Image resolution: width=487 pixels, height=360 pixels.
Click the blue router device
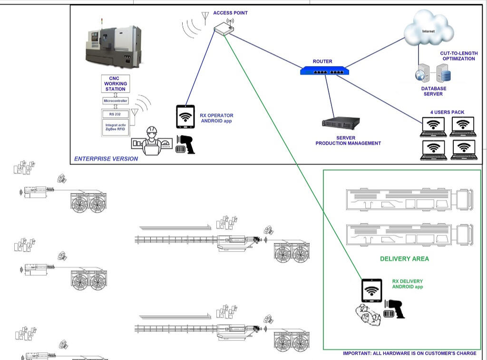(325, 71)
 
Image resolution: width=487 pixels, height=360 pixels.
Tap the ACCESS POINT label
(230, 13)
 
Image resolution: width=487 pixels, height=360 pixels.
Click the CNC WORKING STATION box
(115, 84)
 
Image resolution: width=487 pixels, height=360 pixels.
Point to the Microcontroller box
(116, 101)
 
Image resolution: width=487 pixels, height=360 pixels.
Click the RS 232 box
(115, 114)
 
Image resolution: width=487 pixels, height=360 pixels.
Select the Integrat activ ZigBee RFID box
(115, 127)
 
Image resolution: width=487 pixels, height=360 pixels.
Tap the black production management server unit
(341, 123)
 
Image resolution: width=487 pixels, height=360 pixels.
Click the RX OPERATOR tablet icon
(185, 117)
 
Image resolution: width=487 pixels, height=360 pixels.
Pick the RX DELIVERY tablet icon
(371, 290)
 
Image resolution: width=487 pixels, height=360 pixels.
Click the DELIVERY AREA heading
(404, 259)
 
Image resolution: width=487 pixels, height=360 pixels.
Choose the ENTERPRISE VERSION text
(106, 159)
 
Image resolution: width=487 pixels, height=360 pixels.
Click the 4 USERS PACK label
(447, 113)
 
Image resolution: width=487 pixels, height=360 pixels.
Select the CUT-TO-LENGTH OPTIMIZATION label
(458, 56)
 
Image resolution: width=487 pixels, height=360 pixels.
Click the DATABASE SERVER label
(433, 91)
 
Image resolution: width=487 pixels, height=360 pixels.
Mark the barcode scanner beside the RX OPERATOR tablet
(185, 145)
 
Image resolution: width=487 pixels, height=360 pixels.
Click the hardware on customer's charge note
(409, 353)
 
